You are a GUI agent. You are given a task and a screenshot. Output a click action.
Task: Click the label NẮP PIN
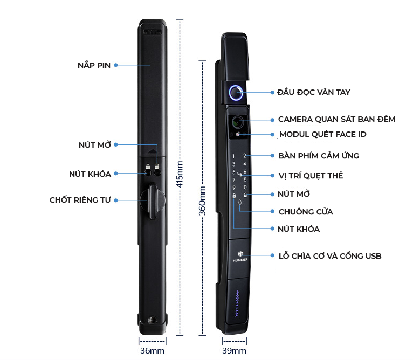94,65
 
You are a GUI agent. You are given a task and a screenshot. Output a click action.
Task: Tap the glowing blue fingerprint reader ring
236,93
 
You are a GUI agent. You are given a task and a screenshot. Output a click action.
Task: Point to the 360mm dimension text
203,200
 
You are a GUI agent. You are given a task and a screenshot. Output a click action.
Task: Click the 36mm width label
153,351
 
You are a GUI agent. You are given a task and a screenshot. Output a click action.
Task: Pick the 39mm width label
235,351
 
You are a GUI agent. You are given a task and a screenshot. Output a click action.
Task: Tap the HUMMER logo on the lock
239,255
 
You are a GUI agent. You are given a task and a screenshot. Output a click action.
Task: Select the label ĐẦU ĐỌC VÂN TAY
313,92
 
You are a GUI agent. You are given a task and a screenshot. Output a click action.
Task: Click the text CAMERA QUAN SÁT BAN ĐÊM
336,119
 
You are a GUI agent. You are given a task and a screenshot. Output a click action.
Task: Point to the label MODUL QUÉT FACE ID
322,134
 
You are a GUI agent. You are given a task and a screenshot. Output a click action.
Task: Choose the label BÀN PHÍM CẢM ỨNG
319,156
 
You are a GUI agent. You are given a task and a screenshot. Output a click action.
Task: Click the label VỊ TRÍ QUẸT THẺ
311,176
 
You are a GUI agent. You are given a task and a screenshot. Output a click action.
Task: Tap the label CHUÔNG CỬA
305,212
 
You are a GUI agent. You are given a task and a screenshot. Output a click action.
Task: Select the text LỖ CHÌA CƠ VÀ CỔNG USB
329,256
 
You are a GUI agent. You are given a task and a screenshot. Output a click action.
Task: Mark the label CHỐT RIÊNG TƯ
80,200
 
